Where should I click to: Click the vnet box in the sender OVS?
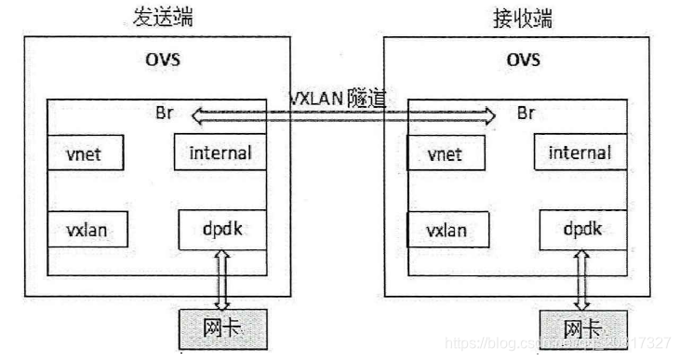click(87, 153)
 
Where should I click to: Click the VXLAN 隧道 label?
click(338, 99)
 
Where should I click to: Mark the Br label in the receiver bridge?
click(525, 115)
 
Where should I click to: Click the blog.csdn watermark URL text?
click(558, 344)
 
